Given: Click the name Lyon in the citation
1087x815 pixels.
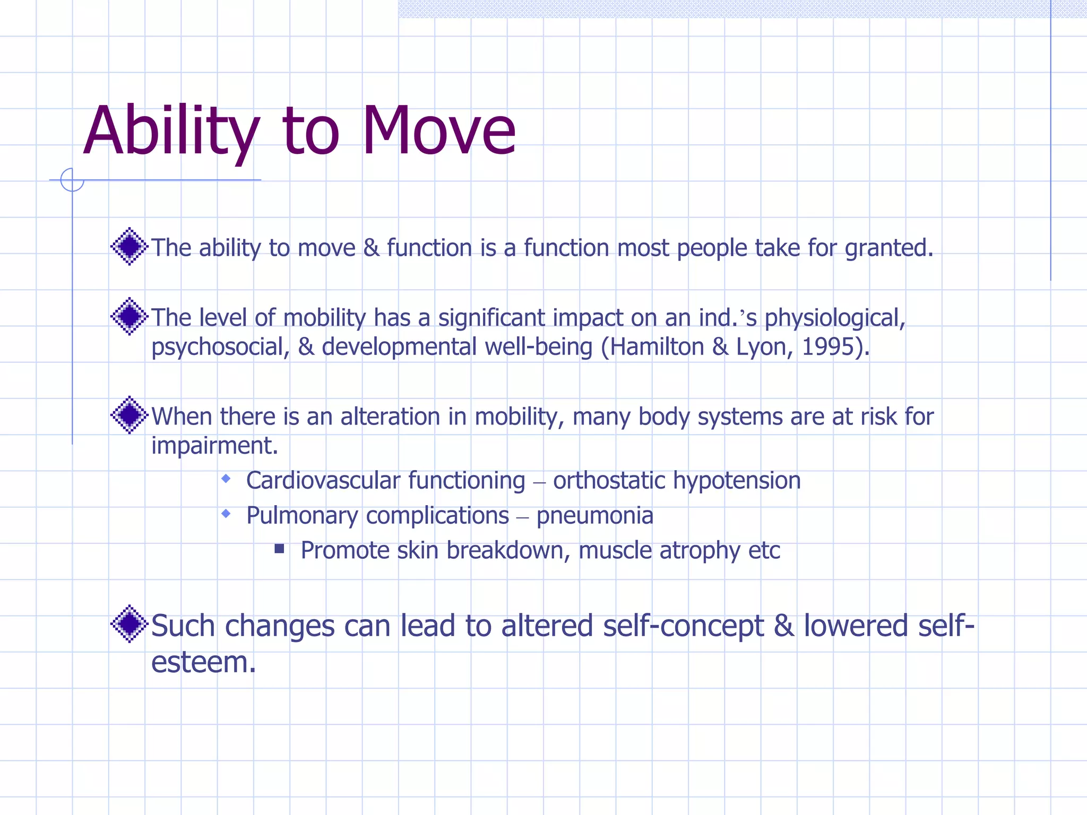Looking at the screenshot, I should point(760,347).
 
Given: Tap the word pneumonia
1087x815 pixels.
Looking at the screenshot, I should point(594,516).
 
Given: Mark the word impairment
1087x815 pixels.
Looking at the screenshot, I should point(214,446).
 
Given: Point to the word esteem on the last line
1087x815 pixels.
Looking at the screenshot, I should point(203,662).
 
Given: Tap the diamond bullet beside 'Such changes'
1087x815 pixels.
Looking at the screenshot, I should point(129,624).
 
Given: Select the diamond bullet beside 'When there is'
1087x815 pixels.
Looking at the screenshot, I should point(129,415).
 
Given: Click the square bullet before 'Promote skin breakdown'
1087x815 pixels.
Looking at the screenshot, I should point(279,549).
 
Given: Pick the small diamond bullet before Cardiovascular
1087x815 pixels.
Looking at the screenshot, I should point(226,479).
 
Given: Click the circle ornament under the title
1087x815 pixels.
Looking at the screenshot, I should point(72,180).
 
